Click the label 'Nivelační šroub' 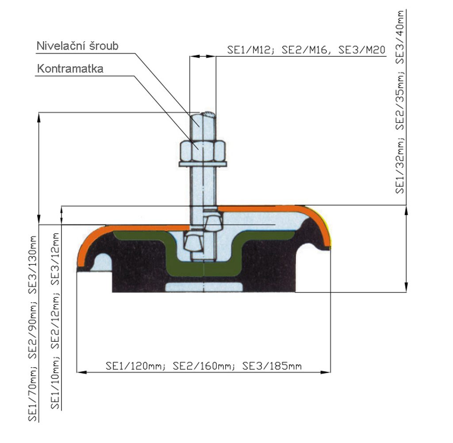tap(77, 46)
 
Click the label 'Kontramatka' tap(70, 69)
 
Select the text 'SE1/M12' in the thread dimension tap(245, 50)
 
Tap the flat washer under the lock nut tap(203, 165)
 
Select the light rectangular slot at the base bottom tap(204, 287)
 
